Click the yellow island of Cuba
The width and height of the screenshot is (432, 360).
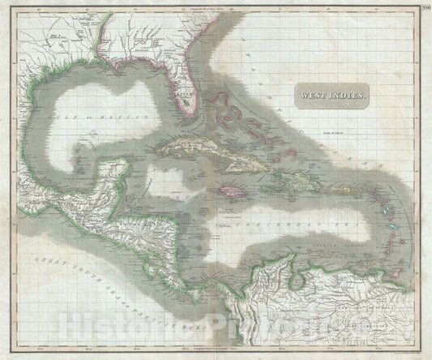click(203, 149)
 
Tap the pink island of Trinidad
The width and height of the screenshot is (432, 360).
click(392, 272)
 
